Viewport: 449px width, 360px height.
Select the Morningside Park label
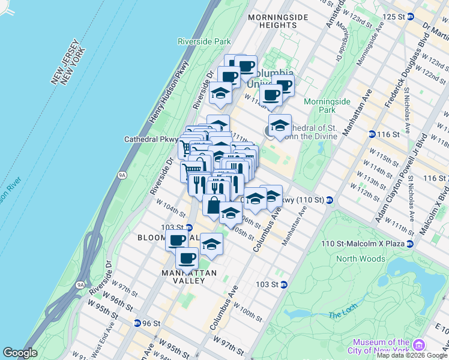(327, 106)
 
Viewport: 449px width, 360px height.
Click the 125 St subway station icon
(410, 16)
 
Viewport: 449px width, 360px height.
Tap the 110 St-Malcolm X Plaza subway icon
(409, 244)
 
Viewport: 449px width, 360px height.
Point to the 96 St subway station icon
(137, 323)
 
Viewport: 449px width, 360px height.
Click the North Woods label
(360, 259)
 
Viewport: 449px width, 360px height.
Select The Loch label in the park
(343, 315)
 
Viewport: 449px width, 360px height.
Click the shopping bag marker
(214, 205)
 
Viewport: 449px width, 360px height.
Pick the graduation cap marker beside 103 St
(211, 244)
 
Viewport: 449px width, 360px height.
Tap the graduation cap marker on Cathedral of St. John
(279, 126)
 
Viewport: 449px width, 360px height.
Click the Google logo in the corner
(20, 353)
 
